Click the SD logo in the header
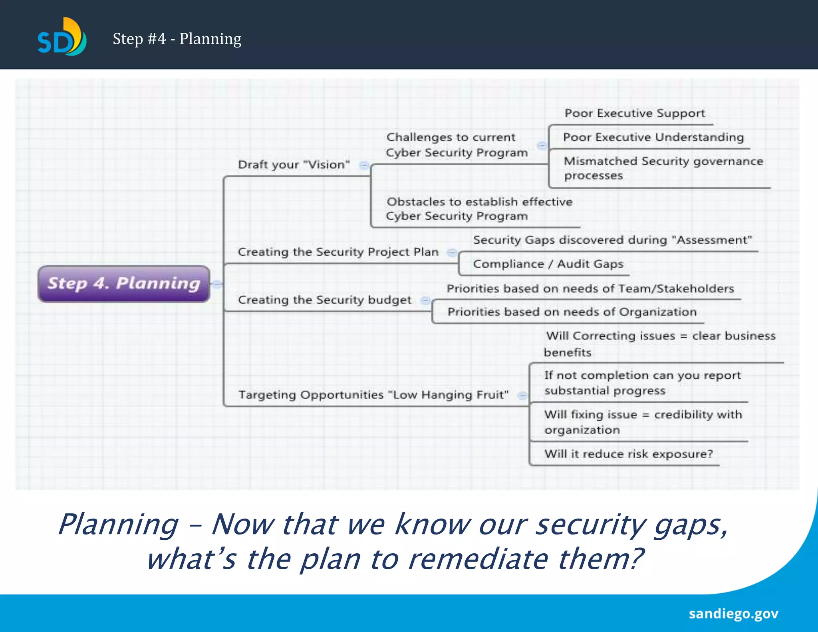click(62, 37)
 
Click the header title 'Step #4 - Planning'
click(177, 39)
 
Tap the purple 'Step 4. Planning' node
click(124, 284)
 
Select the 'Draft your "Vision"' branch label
click(294, 165)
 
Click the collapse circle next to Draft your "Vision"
click(364, 165)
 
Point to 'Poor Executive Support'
click(635, 113)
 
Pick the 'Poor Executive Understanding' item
click(653, 137)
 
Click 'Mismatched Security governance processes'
click(663, 168)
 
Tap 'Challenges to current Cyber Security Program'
click(457, 145)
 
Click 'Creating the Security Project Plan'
click(338, 252)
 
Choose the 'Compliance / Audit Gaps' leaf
click(548, 264)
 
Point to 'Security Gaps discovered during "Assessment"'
click(612, 240)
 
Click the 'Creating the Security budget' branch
click(324, 300)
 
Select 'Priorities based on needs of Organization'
click(572, 312)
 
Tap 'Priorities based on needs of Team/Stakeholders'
click(590, 289)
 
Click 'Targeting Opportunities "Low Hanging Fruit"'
click(373, 395)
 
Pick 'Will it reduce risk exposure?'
click(628, 454)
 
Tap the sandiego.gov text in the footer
click(733, 614)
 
